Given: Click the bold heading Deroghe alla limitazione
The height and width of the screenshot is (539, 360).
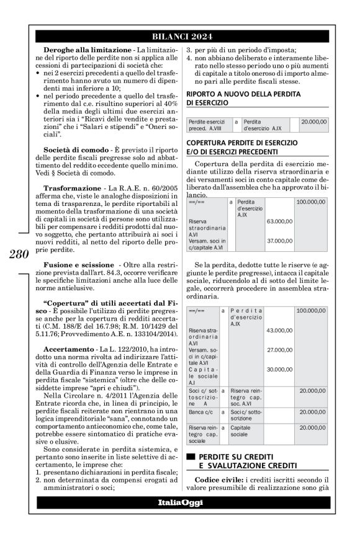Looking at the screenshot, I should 79,48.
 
